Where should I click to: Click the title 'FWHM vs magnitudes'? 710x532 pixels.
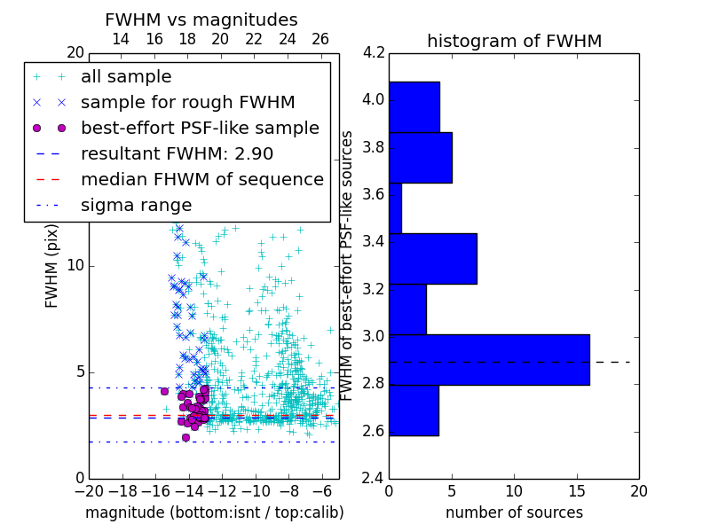(201, 20)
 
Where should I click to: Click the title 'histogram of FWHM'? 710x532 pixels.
(514, 41)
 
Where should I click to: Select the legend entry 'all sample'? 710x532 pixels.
(126, 77)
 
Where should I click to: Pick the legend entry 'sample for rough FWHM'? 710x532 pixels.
(187, 103)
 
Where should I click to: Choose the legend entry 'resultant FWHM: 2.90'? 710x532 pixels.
(186, 154)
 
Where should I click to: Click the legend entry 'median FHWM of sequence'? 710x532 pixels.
(201, 180)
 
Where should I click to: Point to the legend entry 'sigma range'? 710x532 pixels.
(136, 206)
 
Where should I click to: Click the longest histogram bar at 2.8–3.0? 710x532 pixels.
(489, 359)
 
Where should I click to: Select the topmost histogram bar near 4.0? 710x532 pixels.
(414, 106)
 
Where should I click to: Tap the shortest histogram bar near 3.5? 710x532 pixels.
(395, 207)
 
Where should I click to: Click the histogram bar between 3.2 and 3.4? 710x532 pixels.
(433, 258)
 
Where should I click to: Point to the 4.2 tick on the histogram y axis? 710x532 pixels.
(374, 52)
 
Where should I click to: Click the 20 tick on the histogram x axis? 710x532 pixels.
(638, 490)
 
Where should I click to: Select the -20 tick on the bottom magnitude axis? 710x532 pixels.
(88, 490)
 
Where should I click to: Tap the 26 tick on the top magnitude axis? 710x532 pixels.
(320, 39)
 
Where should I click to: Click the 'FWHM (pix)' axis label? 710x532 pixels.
(52, 265)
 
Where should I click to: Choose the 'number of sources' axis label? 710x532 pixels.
(514, 512)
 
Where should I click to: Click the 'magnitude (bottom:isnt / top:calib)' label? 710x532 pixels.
(214, 512)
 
